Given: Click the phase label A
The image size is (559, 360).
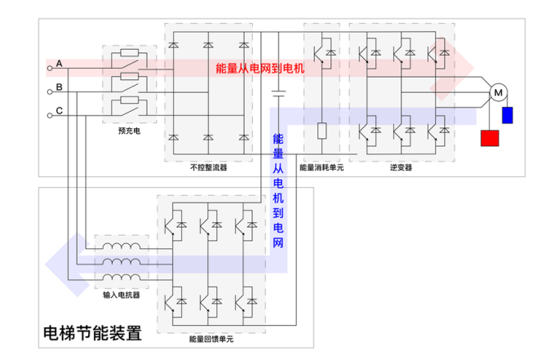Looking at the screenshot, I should pyautogui.click(x=59, y=63).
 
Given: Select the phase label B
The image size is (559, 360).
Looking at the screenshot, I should pyautogui.click(x=59, y=86).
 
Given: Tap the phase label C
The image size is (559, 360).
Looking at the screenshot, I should pyautogui.click(x=59, y=110).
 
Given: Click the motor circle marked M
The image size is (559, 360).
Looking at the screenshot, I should pyautogui.click(x=497, y=93).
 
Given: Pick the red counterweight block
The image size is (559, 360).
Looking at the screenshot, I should pyautogui.click(x=490, y=136).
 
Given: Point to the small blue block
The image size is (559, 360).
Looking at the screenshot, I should pyautogui.click(x=508, y=114).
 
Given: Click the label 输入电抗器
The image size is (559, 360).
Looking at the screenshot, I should pyautogui.click(x=121, y=295).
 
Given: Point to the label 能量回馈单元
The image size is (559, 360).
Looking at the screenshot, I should pyautogui.click(x=211, y=338).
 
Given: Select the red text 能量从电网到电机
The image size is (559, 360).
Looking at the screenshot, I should pyautogui.click(x=260, y=69).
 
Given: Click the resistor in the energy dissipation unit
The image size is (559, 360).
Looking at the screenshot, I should pyautogui.click(x=322, y=131).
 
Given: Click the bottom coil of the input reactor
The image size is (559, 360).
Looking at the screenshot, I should pyautogui.click(x=121, y=279).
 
